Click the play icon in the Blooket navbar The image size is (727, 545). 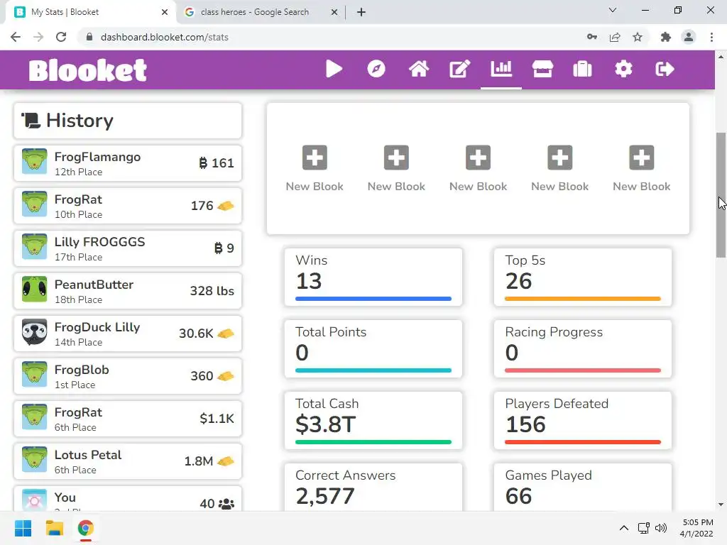pos(334,69)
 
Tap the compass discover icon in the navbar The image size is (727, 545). pos(376,69)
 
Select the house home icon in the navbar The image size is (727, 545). pos(418,69)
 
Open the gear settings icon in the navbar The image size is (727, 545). pos(623,69)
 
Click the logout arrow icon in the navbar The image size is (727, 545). pos(665,69)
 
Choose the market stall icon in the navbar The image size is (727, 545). pos(542,69)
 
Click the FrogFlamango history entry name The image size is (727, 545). pos(97,157)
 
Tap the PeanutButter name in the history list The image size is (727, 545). pos(94,285)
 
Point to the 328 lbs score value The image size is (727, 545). pos(212,291)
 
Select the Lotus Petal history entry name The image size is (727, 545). pos(88,455)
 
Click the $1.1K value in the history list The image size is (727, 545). pos(217,419)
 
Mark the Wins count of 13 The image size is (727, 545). pos(309,281)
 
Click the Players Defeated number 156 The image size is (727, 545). pos(525,424)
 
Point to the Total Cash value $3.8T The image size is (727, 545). pos(325,424)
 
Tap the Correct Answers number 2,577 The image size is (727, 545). pos(324,496)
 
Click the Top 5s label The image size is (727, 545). pos(525,260)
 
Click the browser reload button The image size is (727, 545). pos(61,37)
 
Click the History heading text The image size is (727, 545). pos(80,121)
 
